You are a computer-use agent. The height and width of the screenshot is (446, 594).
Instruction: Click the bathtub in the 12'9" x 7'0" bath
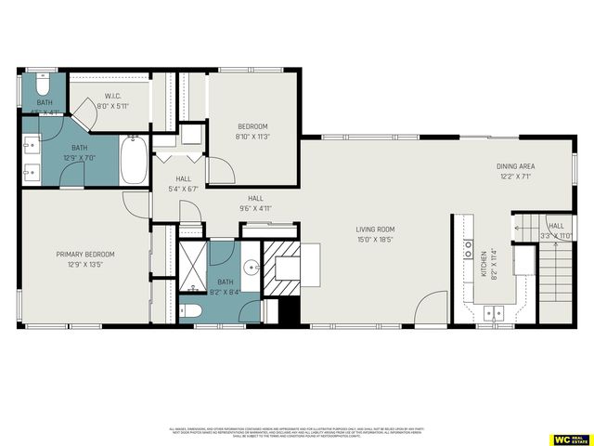132,161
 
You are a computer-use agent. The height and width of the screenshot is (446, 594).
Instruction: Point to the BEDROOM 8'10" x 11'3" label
252,126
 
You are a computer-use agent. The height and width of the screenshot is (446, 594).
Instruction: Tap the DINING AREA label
517,166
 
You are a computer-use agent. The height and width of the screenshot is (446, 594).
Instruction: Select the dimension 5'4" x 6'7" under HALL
182,189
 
